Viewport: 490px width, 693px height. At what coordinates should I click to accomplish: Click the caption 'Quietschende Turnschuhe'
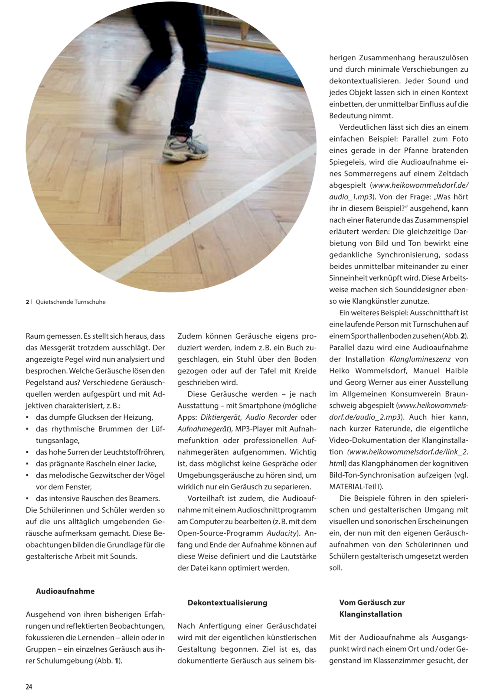(71, 302)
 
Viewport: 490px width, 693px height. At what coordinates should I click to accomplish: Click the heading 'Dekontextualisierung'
(227, 611)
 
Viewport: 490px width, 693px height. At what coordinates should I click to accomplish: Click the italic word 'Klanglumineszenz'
(420, 359)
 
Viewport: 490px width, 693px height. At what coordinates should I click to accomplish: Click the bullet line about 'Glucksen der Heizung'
(94, 417)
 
